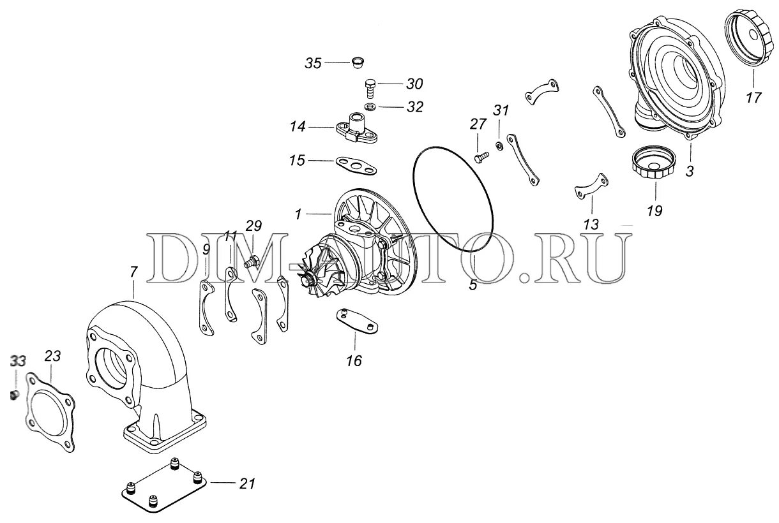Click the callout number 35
coord(313,63)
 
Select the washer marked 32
coord(370,105)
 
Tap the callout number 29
coord(253,225)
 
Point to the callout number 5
coord(473,286)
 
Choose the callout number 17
coord(753,99)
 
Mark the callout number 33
coord(17,362)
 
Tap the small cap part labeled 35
coord(358,63)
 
